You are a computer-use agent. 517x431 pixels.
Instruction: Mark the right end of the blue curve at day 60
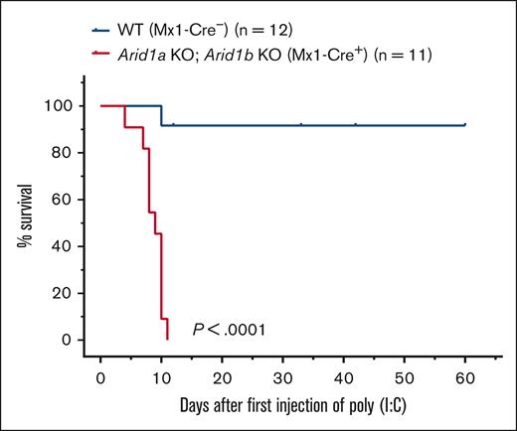click(464, 125)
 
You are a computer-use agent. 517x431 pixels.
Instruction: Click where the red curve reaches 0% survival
click(167, 340)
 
